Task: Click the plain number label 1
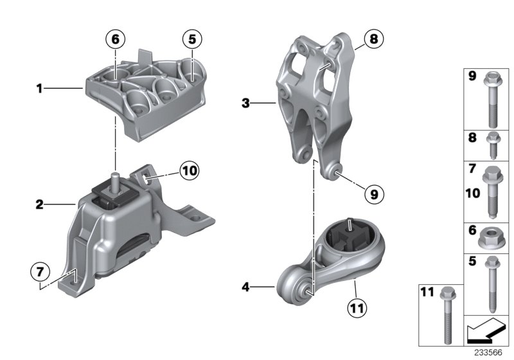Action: (39, 89)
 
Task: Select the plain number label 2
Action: (39, 206)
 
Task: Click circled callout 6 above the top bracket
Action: (116, 40)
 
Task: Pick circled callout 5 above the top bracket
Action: (190, 40)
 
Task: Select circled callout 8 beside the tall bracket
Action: (373, 40)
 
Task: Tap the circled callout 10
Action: (190, 171)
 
